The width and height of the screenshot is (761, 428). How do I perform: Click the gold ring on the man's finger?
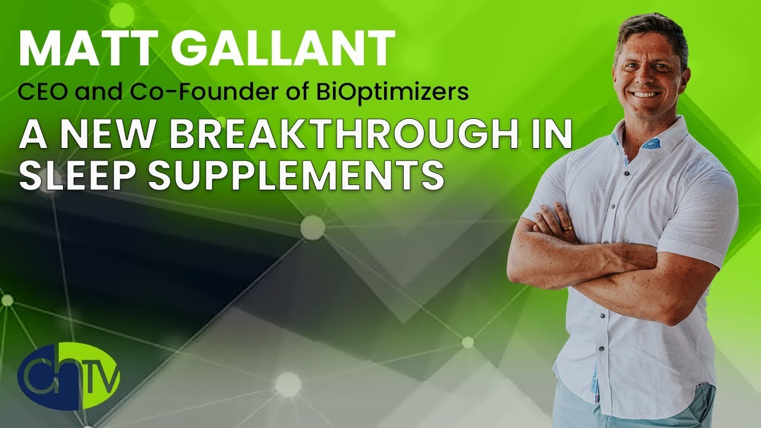568,228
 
